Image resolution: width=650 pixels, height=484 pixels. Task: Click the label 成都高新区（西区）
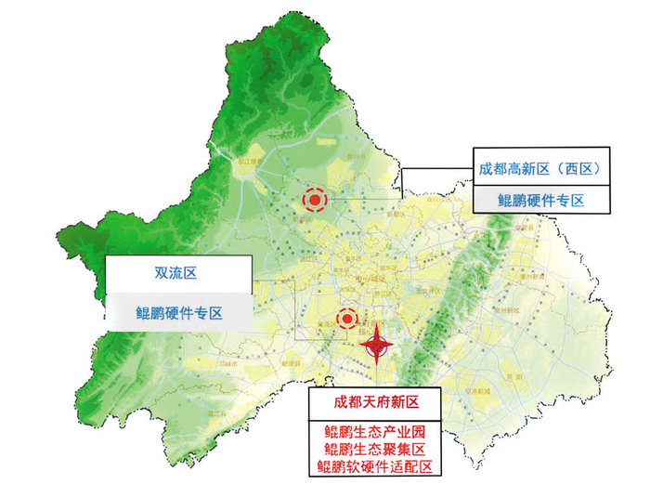pyautogui.click(x=541, y=168)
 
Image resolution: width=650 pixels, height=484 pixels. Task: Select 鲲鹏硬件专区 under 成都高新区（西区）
pyautogui.click(x=541, y=199)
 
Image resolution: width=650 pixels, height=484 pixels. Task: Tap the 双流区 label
pyautogui.click(x=178, y=274)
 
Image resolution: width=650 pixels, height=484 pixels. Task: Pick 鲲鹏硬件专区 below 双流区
pyautogui.click(x=178, y=312)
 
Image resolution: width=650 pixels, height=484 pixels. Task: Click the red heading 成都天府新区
pyautogui.click(x=378, y=403)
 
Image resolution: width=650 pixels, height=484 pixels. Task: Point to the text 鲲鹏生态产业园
pyautogui.click(x=376, y=431)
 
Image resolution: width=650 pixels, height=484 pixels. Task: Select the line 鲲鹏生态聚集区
pyautogui.click(x=376, y=449)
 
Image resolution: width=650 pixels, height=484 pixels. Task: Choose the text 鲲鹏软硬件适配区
pyautogui.click(x=376, y=466)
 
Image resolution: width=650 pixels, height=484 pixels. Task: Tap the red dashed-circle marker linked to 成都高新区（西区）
pyautogui.click(x=316, y=199)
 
